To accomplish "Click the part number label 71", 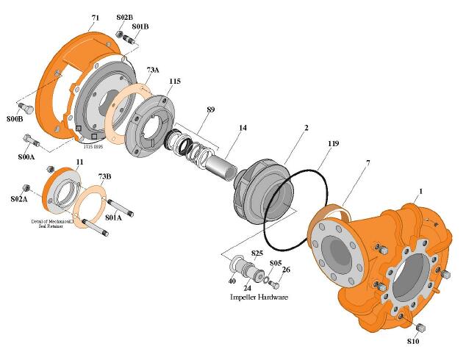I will pos(96,15).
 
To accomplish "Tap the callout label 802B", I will pos(125,17).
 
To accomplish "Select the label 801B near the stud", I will pos(140,26).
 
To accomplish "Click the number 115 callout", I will pos(174,82).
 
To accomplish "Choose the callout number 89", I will pos(211,110).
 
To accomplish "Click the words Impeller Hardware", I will pos(259,298).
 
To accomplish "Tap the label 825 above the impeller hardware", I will pos(257,253).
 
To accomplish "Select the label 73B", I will pos(105,176).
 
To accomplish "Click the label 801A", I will pos(114,217).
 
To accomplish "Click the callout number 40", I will pos(232,281).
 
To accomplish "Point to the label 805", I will pos(276,262).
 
